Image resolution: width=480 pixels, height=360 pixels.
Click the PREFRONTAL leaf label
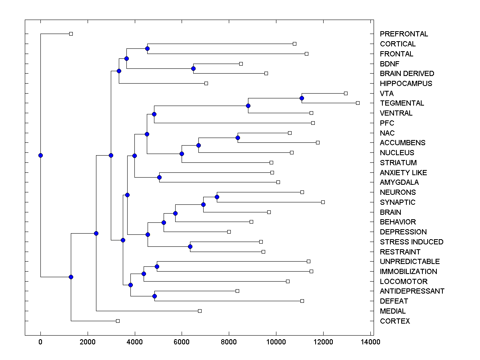[404, 34]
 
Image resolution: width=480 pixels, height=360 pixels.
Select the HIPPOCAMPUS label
[406, 84]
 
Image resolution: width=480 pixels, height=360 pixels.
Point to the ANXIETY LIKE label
[403, 173]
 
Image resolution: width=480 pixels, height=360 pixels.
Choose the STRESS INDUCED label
[412, 242]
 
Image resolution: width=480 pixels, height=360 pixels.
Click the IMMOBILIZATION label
[408, 272]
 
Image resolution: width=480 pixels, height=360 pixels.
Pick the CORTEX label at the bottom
[395, 321]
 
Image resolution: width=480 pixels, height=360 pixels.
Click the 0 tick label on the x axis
[40, 342]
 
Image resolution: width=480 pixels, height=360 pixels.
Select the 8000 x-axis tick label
[229, 342]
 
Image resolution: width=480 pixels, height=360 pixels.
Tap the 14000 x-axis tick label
[370, 342]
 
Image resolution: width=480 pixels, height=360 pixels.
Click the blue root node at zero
[40, 155]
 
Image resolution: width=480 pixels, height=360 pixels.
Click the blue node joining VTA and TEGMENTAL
[302, 98]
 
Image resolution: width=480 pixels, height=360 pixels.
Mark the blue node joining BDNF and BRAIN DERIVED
[193, 68]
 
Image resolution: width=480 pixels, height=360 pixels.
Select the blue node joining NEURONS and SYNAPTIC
[217, 197]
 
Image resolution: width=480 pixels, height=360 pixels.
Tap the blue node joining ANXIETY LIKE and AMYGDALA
[159, 177]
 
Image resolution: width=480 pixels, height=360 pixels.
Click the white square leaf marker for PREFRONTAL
[71, 34]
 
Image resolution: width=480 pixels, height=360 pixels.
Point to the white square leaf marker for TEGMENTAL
[358, 103]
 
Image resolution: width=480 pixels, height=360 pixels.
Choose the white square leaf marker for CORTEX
[118, 321]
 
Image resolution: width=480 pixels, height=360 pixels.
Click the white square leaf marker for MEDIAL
[200, 311]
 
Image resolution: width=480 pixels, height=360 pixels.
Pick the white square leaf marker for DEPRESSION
[229, 232]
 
